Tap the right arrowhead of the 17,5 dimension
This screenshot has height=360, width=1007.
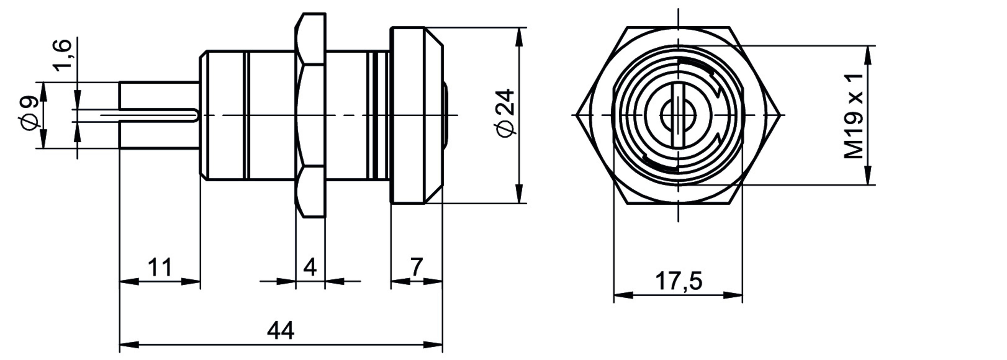click(x=733, y=295)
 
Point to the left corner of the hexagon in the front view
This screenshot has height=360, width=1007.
click(x=577, y=115)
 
